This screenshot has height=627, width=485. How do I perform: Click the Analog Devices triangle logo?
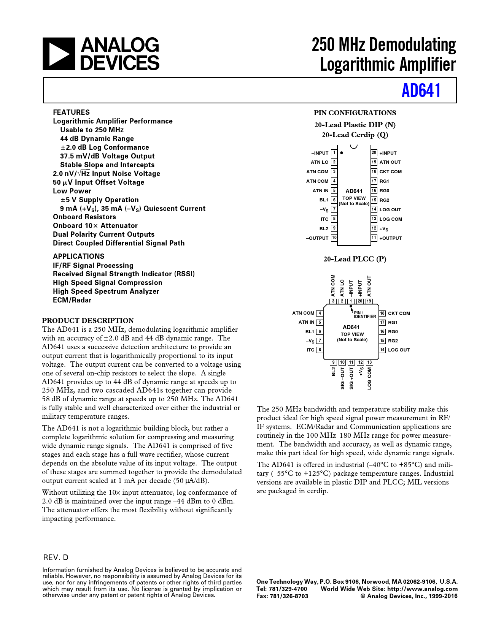coord(59,54)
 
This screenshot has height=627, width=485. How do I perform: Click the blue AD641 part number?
coord(421,90)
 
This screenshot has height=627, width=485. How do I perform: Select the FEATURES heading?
coord(72,112)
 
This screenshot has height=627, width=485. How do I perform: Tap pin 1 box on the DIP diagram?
coord(334,153)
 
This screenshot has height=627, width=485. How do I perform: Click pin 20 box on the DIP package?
coord(374,153)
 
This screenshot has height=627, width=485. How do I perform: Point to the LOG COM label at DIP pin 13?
coord(391,219)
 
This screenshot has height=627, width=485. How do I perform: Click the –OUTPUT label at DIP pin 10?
coord(317,238)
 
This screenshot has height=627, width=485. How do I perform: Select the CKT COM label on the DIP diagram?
coord(390,172)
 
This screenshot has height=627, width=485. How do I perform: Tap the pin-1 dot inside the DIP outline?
coord(342,153)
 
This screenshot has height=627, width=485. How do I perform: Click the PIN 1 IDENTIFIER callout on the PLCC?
coord(364,315)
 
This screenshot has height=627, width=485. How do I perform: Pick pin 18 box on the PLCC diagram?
coord(383,313)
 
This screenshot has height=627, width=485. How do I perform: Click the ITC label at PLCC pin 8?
coord(310,350)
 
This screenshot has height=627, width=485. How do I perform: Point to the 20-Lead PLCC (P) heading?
coord(355,259)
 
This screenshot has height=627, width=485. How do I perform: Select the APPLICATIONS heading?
coord(79,256)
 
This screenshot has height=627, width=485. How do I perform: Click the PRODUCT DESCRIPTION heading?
coord(88,320)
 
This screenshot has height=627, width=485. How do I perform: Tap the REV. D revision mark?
coord(56,557)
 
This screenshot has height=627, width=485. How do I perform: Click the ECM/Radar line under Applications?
coord(72,300)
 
